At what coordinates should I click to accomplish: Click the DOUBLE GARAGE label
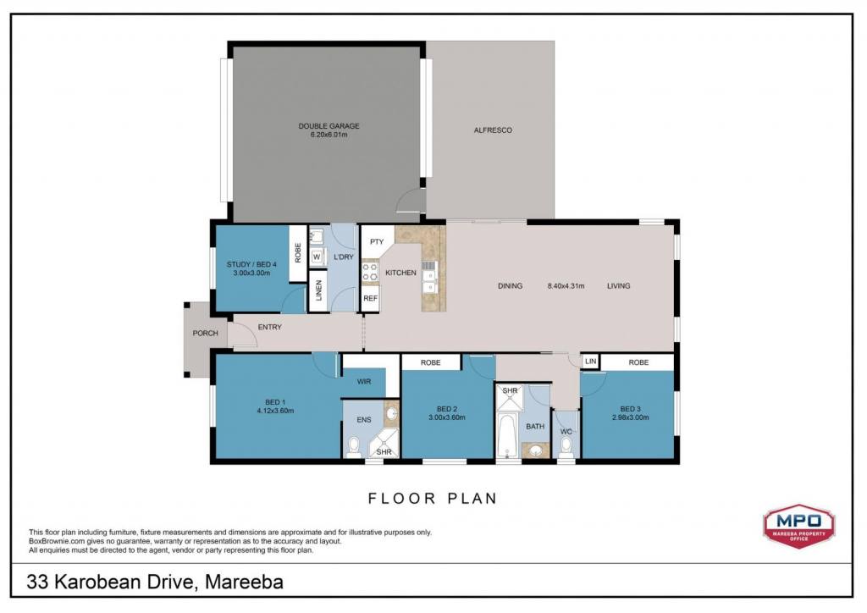(x=329, y=126)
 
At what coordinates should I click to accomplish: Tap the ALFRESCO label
(x=493, y=130)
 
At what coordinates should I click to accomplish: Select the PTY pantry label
(x=377, y=242)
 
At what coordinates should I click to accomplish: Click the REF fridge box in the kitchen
(x=371, y=299)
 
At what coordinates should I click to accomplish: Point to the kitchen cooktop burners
(x=370, y=272)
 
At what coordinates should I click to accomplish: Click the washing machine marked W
(x=317, y=257)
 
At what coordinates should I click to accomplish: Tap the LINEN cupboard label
(x=318, y=290)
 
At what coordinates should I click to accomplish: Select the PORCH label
(x=205, y=334)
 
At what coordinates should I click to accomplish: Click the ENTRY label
(x=270, y=327)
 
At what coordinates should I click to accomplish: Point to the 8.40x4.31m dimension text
(x=566, y=286)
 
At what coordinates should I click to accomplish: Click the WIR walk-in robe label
(x=364, y=381)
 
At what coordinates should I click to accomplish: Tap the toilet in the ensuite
(x=353, y=447)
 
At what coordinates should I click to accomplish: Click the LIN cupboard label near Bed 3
(x=590, y=362)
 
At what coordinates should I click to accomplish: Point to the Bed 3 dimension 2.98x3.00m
(x=630, y=417)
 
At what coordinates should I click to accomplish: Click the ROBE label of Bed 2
(x=431, y=362)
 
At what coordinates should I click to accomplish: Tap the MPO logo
(x=799, y=525)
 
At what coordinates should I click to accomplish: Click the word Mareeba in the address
(x=244, y=582)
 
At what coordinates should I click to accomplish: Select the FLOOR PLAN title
(x=433, y=499)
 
